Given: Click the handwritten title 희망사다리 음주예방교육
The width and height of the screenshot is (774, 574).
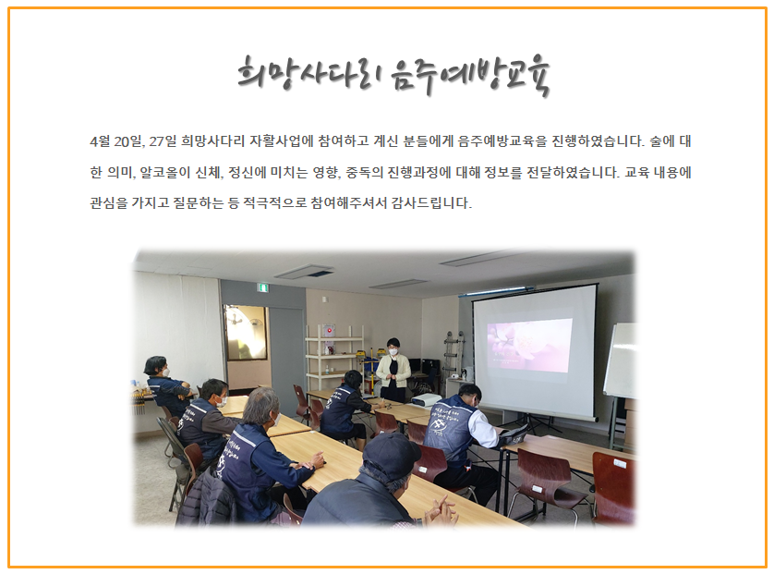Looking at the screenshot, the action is point(393,76).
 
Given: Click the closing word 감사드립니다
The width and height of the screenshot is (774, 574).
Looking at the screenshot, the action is point(432,202).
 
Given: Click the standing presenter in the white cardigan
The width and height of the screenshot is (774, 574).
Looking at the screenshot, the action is point(393,370).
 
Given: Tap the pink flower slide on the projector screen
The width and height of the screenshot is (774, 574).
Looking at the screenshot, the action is point(529,345).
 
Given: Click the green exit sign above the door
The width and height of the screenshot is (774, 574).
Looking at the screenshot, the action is point(264,287).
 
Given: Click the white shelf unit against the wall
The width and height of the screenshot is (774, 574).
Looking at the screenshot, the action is point(334,356).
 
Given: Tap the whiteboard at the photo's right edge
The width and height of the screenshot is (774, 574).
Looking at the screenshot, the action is point(620,360).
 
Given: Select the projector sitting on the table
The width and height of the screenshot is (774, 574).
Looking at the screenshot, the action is point(426,400).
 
